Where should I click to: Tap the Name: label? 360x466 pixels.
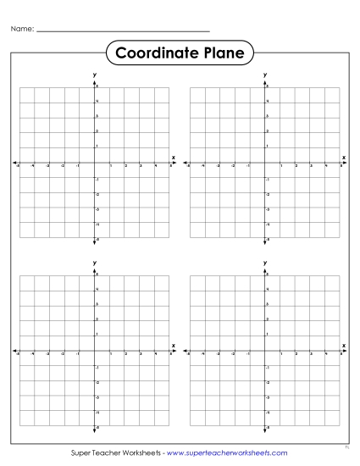pyautogui.click(x=22, y=29)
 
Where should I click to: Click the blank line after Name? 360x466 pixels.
pyautogui.click(x=124, y=31)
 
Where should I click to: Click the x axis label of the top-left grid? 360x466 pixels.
pyautogui.click(x=174, y=158)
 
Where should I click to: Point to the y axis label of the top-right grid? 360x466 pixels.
pyautogui.click(x=265, y=75)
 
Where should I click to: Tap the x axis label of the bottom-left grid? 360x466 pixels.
pyautogui.click(x=174, y=346)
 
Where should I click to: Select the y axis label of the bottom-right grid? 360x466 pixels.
pyautogui.click(x=265, y=264)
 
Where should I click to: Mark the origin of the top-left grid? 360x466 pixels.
pyautogui.click(x=94, y=163)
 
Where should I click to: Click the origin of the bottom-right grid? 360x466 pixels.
pyautogui.click(x=265, y=351)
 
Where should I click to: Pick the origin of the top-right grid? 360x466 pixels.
pyautogui.click(x=265, y=163)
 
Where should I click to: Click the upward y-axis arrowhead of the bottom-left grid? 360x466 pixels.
pyautogui.click(x=94, y=272)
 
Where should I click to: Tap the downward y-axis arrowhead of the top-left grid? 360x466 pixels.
pyautogui.click(x=94, y=242)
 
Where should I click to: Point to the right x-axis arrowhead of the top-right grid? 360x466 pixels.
pyautogui.click(x=346, y=163)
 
